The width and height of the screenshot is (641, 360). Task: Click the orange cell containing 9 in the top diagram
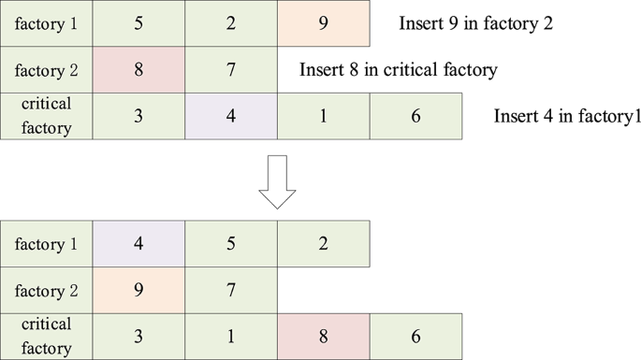(x=323, y=23)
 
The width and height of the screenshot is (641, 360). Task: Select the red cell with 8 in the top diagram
(x=138, y=69)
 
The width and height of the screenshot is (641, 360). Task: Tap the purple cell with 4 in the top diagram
(x=231, y=116)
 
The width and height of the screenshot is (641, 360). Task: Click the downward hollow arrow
(x=277, y=180)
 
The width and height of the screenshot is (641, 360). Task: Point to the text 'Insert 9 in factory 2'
(x=475, y=23)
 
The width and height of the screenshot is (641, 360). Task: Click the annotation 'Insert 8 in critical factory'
(x=398, y=69)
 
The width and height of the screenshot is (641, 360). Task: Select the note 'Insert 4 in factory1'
(x=566, y=116)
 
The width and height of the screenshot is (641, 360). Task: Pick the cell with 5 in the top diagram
(x=138, y=23)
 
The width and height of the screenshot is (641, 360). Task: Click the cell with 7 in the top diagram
(x=231, y=69)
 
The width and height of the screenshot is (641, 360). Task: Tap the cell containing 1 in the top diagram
(x=323, y=116)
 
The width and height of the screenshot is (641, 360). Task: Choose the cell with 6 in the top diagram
(x=415, y=116)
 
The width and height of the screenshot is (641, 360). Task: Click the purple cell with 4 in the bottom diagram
(x=138, y=244)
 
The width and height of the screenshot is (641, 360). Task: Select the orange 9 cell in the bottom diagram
(x=138, y=290)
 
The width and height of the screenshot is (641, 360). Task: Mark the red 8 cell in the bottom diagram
(x=323, y=336)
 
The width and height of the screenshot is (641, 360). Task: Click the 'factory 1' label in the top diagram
(x=46, y=23)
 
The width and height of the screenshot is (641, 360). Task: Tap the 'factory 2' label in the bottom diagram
(x=46, y=290)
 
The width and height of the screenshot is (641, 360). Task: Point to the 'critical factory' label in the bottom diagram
(x=46, y=336)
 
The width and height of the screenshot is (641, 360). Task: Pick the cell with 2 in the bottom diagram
(x=323, y=244)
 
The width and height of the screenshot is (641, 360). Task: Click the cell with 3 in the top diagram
(x=138, y=116)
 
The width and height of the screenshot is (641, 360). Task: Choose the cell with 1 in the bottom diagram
(x=231, y=336)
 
